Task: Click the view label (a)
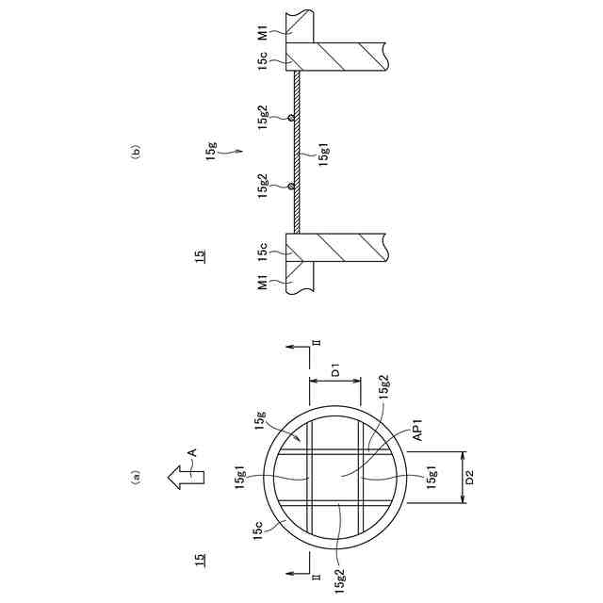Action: tap(136, 477)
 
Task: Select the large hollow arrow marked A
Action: tap(187, 477)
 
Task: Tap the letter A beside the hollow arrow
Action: tap(192, 452)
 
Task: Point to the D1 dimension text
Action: tap(335, 372)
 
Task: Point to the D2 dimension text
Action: tap(469, 478)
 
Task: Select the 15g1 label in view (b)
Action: tap(324, 155)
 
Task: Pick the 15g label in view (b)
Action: tap(212, 151)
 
